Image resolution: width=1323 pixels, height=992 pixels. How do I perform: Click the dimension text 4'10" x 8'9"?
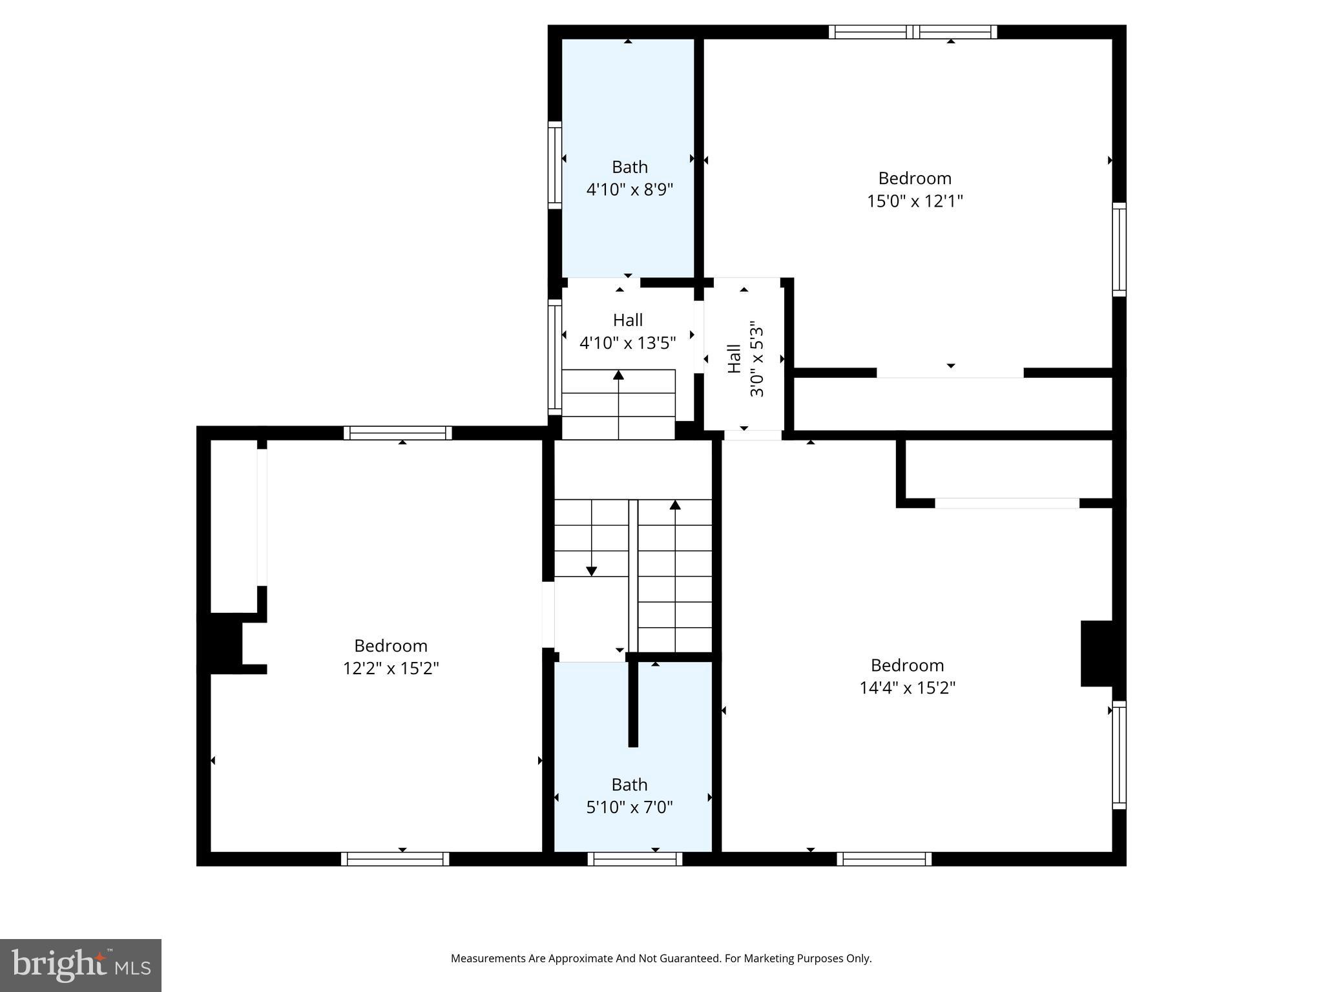coord(629,190)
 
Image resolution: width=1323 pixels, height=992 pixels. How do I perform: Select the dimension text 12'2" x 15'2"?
coord(390,668)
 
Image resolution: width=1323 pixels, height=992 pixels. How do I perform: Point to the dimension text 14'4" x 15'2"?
coord(907,688)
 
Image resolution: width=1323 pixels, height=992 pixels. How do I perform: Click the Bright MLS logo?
coord(81,965)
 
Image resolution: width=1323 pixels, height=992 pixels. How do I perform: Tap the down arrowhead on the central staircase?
coord(591,571)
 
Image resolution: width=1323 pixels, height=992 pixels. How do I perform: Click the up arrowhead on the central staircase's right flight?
coord(675,504)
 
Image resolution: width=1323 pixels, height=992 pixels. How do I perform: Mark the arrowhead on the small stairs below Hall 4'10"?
coord(618,375)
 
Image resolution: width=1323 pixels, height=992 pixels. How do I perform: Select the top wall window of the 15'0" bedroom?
coord(912,32)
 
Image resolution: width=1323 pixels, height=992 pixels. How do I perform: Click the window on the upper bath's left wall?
coord(554,165)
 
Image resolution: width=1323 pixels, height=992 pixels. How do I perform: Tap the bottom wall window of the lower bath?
coord(634,859)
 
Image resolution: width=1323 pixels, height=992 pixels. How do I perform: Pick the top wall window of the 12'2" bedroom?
coord(397,433)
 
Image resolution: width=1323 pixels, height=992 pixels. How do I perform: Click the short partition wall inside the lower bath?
coord(633,704)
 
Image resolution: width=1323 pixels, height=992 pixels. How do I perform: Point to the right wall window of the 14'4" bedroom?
coord(1119,754)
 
